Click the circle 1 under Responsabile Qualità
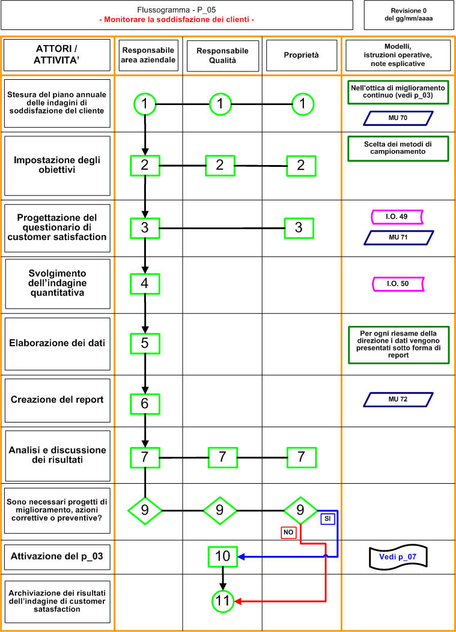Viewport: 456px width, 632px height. (x=220, y=104)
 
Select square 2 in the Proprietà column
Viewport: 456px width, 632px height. (x=301, y=166)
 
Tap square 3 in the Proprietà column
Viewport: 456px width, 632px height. (x=299, y=227)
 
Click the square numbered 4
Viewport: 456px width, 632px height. (x=145, y=284)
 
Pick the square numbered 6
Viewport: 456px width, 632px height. (x=145, y=404)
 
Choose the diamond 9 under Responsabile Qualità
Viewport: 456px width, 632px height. (x=220, y=511)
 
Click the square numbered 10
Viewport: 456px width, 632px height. (x=223, y=556)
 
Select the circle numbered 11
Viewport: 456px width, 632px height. (x=223, y=601)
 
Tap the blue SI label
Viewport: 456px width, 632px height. (x=327, y=519)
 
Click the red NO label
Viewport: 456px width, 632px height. (x=288, y=532)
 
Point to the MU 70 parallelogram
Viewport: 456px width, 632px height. (x=398, y=118)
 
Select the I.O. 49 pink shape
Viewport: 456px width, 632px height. (x=397, y=217)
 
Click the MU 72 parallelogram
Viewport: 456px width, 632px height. (x=398, y=400)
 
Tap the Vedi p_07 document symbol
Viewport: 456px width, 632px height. (x=398, y=558)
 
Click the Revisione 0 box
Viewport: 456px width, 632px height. (x=409, y=15)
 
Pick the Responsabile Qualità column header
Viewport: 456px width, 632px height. (x=223, y=56)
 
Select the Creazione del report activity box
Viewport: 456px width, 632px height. (x=57, y=400)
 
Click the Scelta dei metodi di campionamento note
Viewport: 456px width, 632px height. (x=398, y=148)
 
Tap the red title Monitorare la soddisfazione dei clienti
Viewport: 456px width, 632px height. (x=177, y=19)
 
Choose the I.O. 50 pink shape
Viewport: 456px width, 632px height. (x=398, y=284)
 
